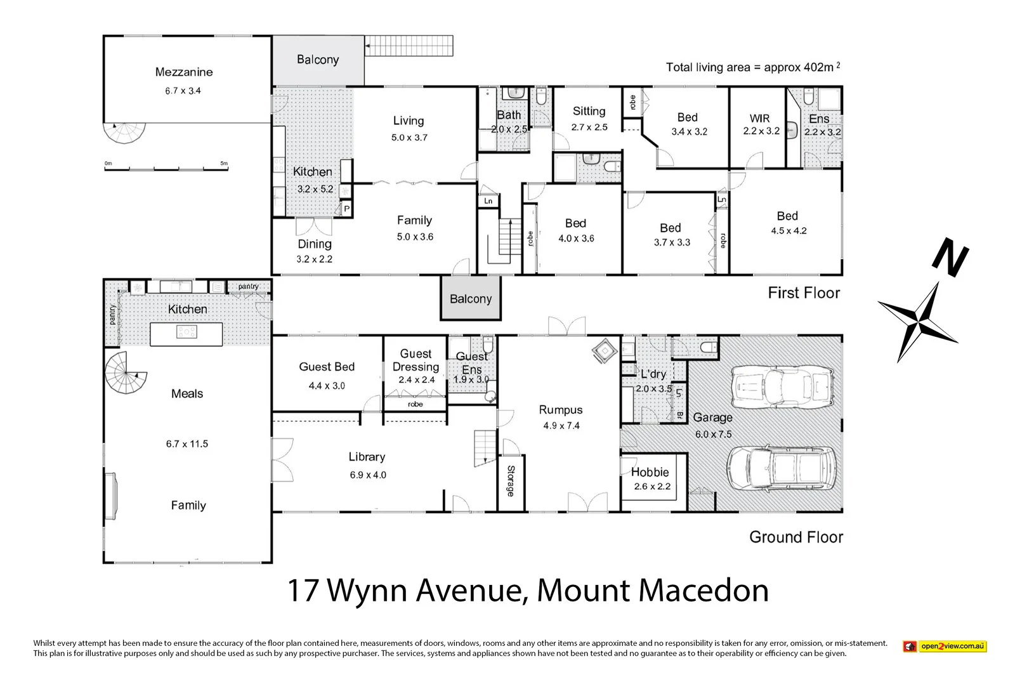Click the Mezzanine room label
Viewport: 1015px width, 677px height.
coord(184,72)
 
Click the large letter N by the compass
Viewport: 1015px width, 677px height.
coord(950,256)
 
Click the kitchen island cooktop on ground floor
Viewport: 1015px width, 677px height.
coord(187,332)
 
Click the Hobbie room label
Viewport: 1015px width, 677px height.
coord(650,472)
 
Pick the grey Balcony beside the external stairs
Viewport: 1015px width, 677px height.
coord(318,60)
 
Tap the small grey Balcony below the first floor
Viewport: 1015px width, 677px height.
coord(471,299)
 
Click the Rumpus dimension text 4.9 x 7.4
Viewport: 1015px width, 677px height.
coord(561,426)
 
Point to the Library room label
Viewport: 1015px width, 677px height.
coord(367,457)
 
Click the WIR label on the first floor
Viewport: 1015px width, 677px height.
coord(759,119)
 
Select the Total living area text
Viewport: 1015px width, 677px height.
coord(752,67)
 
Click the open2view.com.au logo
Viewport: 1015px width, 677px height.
coord(945,647)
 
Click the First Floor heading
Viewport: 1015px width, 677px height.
coord(803,293)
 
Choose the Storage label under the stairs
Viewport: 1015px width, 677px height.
coord(511,480)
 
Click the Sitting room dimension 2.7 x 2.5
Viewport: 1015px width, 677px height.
coord(589,127)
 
